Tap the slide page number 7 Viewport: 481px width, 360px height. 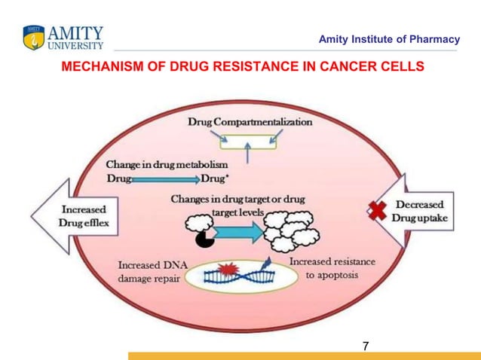click(365, 346)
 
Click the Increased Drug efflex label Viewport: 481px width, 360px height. click(83, 216)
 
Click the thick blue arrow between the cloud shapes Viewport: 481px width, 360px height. click(240, 232)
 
